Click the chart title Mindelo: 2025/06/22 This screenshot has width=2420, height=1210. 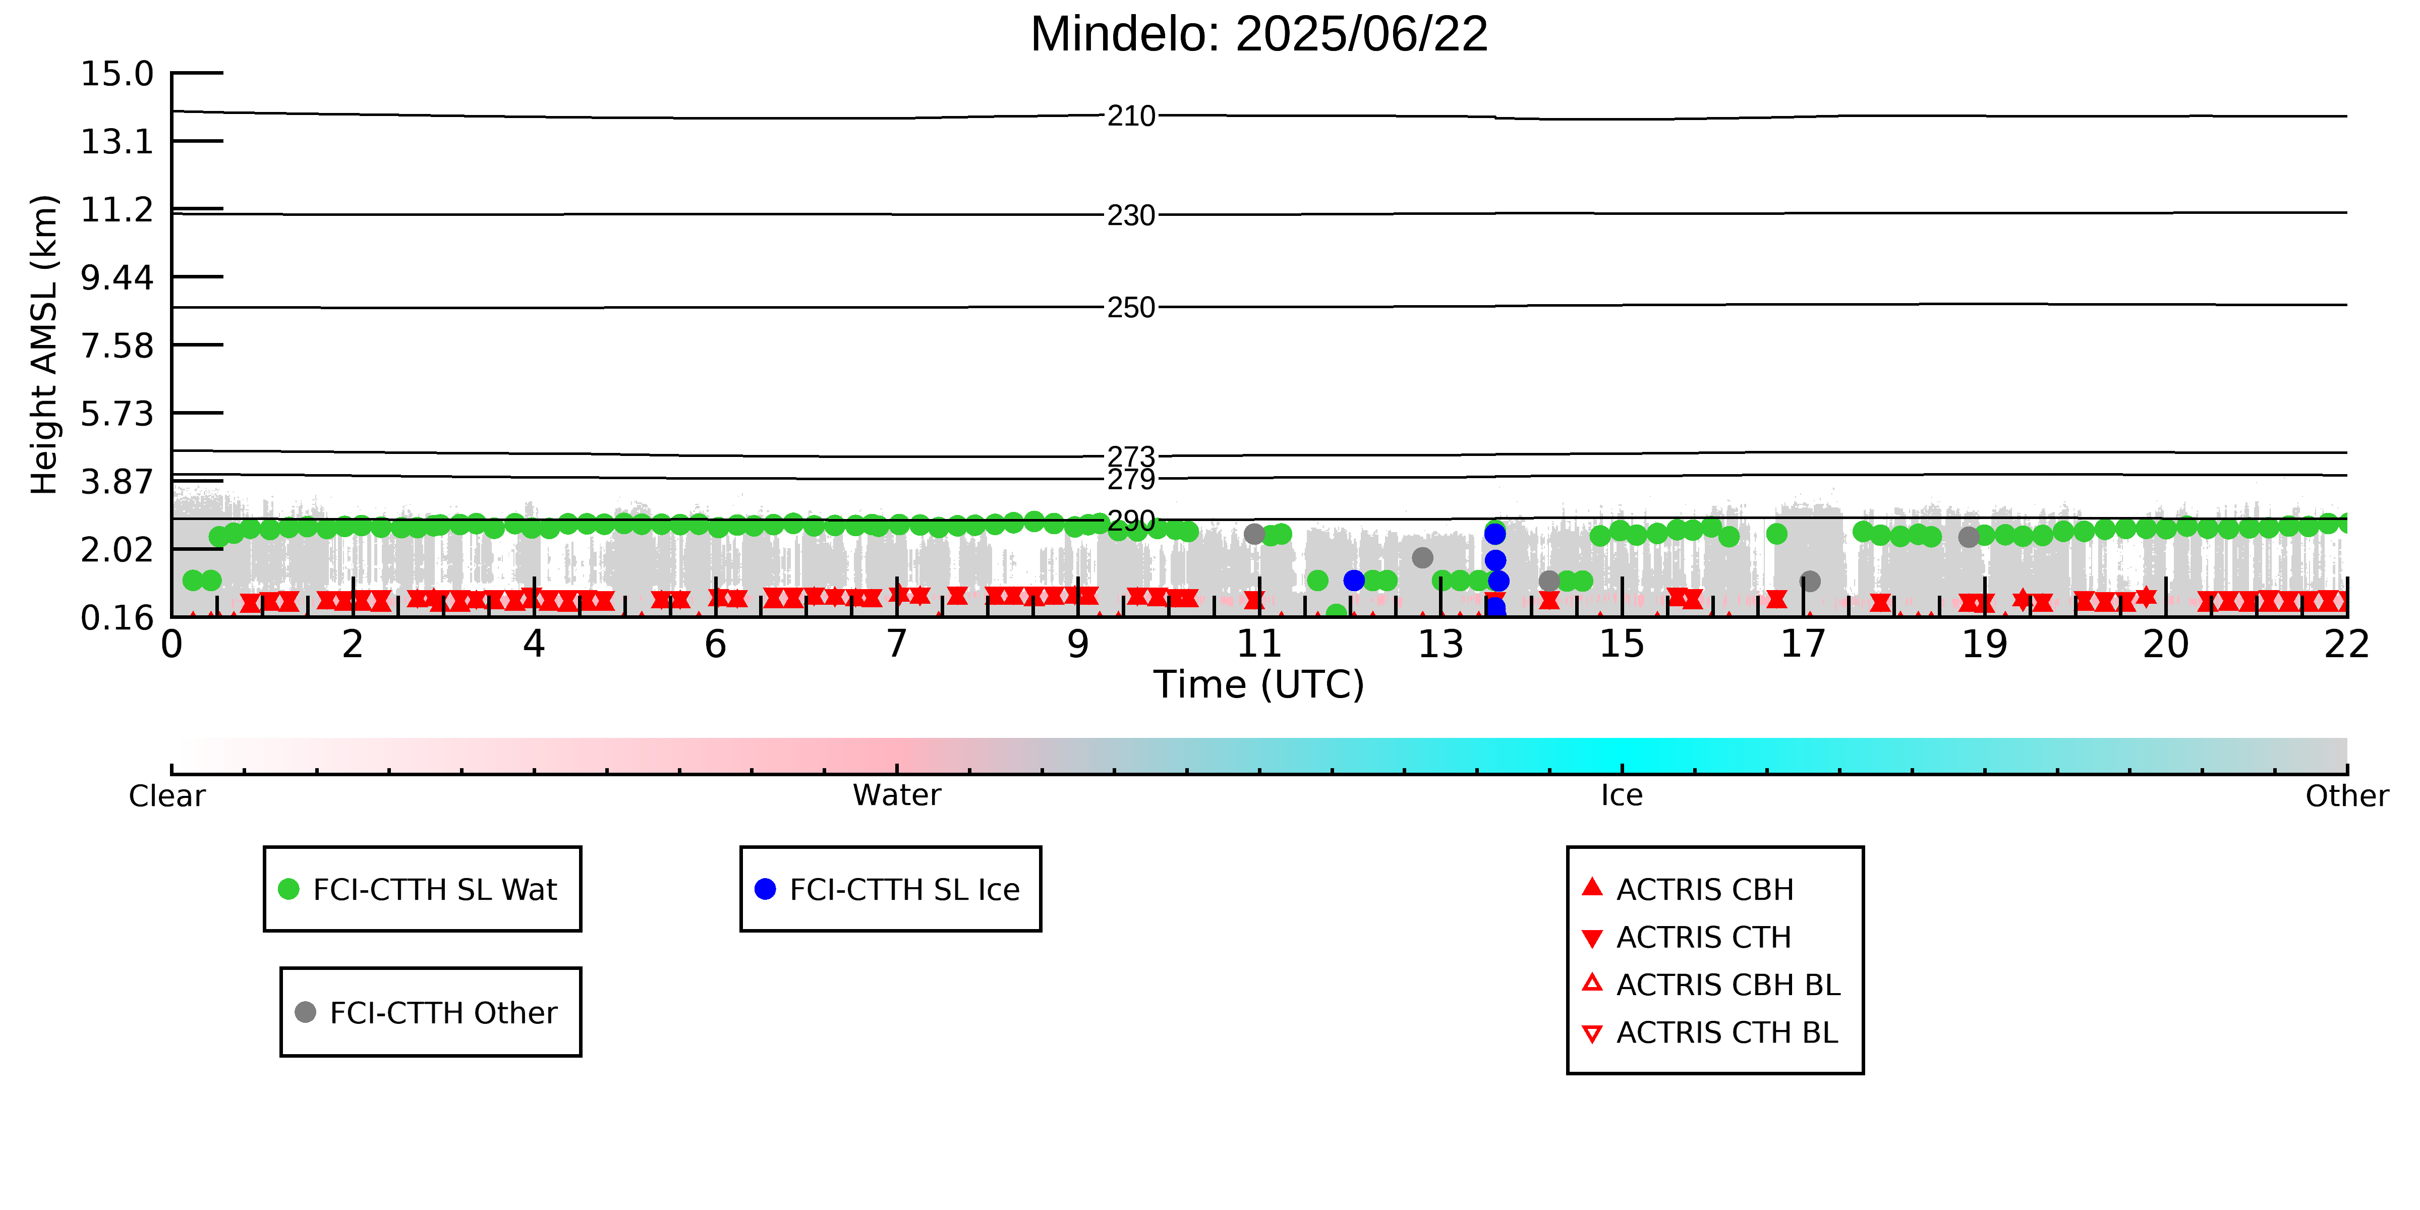pos(1259,35)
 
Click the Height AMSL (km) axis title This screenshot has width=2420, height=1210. pos(44,345)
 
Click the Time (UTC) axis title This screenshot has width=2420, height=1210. pos(1259,685)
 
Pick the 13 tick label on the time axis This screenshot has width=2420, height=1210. pos(1440,645)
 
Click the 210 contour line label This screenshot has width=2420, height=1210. pos(1131,117)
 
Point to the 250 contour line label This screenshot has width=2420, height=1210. pos(1131,308)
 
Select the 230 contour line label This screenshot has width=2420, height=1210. pos(1131,216)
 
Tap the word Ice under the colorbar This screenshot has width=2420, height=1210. pos(1622,796)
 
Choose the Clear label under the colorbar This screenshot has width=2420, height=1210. pos(167,796)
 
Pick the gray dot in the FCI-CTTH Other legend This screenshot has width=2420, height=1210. pos(305,1012)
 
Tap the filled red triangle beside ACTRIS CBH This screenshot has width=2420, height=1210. pos(1591,887)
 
